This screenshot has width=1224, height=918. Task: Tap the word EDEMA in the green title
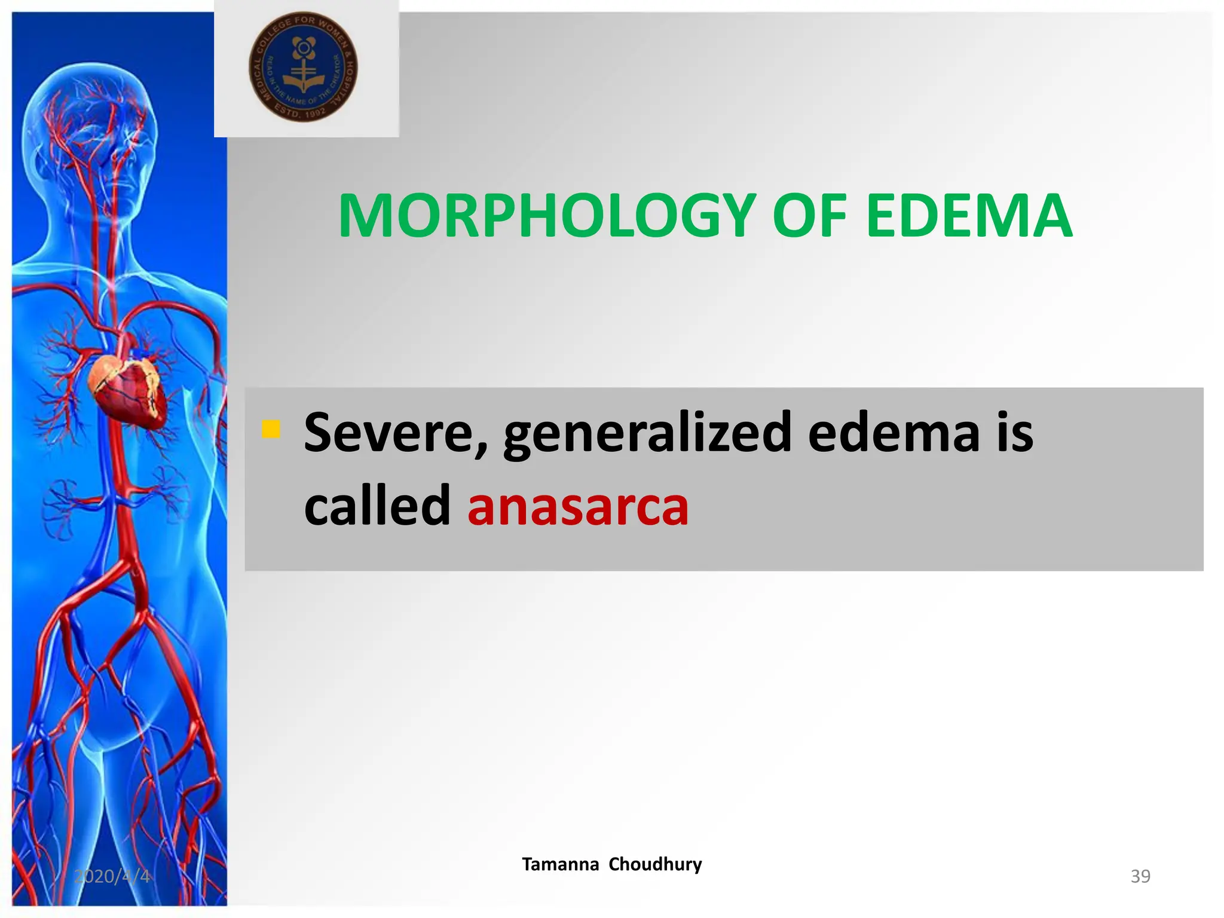[969, 216]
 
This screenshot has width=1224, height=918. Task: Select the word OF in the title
[810, 216]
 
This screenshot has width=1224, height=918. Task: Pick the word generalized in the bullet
[648, 433]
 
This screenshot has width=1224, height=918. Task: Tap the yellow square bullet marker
[271, 429]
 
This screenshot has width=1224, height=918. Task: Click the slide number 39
[1140, 876]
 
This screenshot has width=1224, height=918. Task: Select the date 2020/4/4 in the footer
[112, 876]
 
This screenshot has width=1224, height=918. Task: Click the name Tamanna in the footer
[560, 864]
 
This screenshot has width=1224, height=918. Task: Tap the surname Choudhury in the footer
[656, 864]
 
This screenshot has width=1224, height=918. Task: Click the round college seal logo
[303, 66]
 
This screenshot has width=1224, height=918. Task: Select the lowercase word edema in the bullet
[893, 433]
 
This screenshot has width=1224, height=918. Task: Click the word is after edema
[1014, 433]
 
